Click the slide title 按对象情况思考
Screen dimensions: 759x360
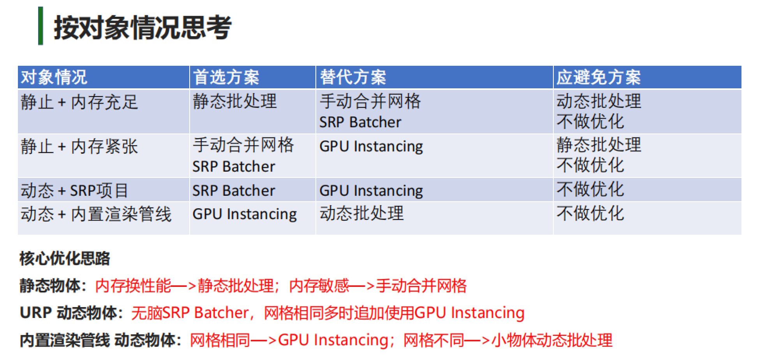[x=143, y=28]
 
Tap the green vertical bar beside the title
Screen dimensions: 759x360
[x=41, y=26]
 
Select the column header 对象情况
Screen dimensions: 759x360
[x=54, y=77]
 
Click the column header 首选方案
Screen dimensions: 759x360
[x=226, y=77]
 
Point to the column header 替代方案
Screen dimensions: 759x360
[x=353, y=77]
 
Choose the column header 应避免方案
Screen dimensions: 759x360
[x=599, y=77]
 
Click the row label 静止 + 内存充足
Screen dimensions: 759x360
[x=79, y=102]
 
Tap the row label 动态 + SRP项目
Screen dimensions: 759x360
[x=74, y=191]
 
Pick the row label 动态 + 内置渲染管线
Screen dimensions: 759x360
[x=96, y=214]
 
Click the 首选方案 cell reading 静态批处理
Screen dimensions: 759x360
[x=235, y=101]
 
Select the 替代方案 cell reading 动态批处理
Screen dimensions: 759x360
[x=362, y=213]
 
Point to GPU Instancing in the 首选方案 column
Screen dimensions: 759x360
[x=245, y=214]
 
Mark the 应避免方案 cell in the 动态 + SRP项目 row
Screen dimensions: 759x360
[x=590, y=190]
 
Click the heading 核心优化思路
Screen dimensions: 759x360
[x=65, y=258]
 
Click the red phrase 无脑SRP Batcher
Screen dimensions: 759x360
[x=190, y=313]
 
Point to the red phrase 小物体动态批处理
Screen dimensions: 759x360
[x=552, y=340]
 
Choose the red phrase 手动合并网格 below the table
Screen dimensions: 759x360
[x=421, y=286]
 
